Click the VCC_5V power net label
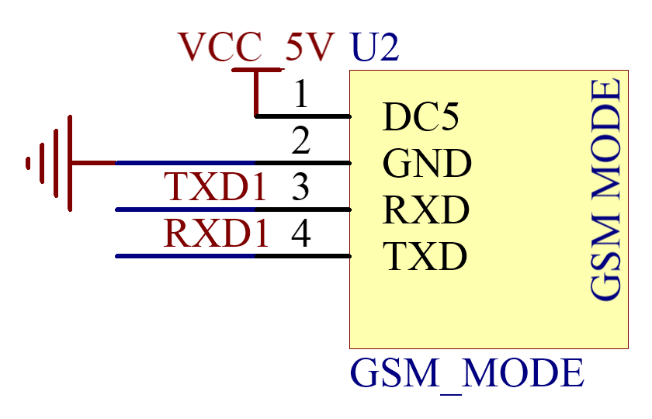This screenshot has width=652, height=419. pos(256,47)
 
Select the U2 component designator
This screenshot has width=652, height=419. pos(375,47)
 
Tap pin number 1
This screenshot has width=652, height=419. pos(301,95)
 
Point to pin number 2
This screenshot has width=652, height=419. pos(301,140)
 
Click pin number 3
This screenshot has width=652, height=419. pos(300,187)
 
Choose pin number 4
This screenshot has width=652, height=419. pos(301,234)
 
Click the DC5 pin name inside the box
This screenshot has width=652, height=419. pos(421,117)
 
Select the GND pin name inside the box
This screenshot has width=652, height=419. pos(427,164)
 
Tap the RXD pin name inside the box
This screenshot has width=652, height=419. pos(426,209)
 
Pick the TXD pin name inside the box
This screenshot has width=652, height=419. pos(425,256)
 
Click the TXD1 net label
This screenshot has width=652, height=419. pos(215,187)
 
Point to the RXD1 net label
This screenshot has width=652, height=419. pos(217,234)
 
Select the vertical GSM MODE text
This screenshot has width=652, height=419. pos(605,189)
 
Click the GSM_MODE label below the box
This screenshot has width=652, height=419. pos(467,373)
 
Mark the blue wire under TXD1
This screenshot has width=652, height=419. pos(185,210)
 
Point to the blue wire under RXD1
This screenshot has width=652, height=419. pos(185,257)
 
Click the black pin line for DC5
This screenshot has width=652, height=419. pos(303,117)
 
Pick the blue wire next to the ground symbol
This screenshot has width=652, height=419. pos(185,164)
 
